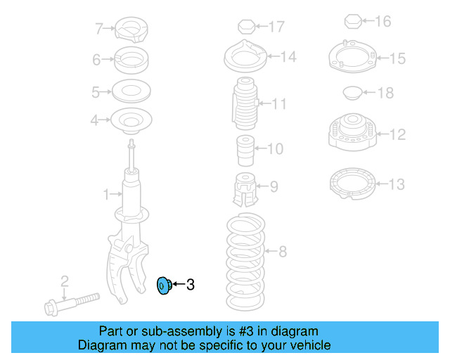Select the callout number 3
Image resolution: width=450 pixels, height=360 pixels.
tap(190, 285)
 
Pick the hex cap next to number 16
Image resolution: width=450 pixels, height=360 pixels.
tap(354, 22)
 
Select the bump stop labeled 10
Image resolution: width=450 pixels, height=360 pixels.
tap(244, 149)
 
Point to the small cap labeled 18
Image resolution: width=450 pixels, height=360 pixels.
tap(352, 91)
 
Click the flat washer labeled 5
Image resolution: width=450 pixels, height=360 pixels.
tap(131, 91)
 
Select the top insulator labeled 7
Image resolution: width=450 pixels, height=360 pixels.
tap(131, 29)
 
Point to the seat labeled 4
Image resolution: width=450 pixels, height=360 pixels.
tap(131, 121)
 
